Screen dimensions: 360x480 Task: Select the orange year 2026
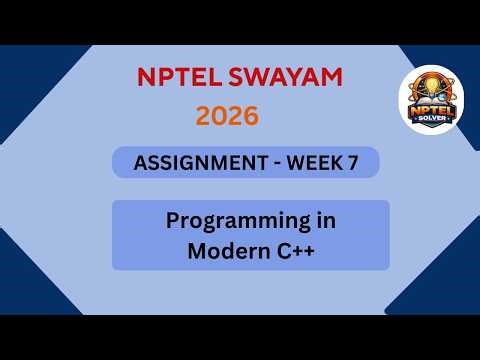click(227, 116)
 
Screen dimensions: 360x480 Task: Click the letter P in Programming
click(173, 221)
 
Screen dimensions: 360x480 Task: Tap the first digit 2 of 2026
click(203, 116)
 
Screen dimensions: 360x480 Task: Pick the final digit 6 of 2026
click(251, 116)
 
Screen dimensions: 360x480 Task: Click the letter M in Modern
click(197, 252)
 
